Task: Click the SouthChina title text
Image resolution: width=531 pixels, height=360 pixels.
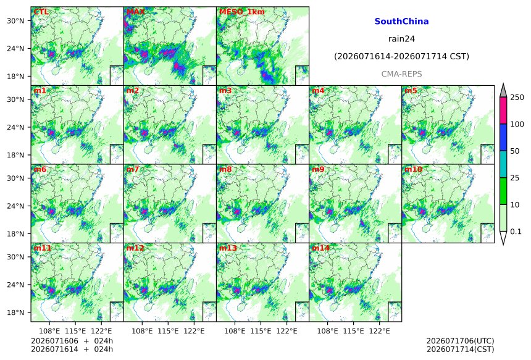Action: (401, 22)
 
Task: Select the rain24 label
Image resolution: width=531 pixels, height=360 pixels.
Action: (401, 39)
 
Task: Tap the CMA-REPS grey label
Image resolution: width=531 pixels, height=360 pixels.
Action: (401, 74)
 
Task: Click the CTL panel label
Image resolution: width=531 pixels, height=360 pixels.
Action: (41, 12)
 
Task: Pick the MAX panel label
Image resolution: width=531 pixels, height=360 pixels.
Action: (135, 12)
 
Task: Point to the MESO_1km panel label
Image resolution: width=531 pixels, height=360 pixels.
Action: (242, 12)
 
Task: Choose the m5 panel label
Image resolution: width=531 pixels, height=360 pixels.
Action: (411, 90)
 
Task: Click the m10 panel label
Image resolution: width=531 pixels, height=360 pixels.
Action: (413, 169)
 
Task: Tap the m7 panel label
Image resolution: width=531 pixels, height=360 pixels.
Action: (133, 169)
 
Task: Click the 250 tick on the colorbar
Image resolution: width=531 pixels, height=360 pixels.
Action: (517, 98)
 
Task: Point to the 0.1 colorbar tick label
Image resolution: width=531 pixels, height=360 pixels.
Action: (516, 232)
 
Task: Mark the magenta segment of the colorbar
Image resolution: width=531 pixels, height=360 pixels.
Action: (503, 111)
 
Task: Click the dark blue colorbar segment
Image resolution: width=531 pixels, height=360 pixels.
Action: (503, 137)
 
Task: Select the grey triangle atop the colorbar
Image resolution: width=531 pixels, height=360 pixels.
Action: (503, 90)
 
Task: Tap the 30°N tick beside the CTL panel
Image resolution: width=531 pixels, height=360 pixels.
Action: (15, 20)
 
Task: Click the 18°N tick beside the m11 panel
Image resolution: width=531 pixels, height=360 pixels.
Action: (15, 312)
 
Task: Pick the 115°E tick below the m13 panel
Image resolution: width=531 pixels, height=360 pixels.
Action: (261, 331)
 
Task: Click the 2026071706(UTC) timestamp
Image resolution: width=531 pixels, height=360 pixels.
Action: (460, 341)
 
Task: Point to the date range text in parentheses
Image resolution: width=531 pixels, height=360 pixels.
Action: (401, 56)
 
